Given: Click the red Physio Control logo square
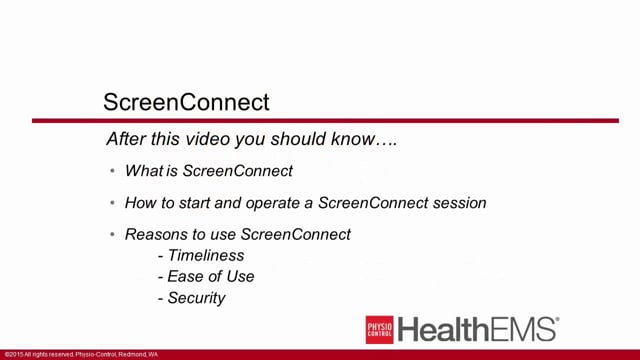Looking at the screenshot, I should (x=379, y=329).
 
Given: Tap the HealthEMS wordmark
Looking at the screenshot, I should (x=478, y=329).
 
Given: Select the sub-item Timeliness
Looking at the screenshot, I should (x=206, y=255).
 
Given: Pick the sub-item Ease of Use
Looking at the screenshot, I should (x=211, y=276).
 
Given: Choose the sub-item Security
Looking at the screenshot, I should (x=197, y=297).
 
